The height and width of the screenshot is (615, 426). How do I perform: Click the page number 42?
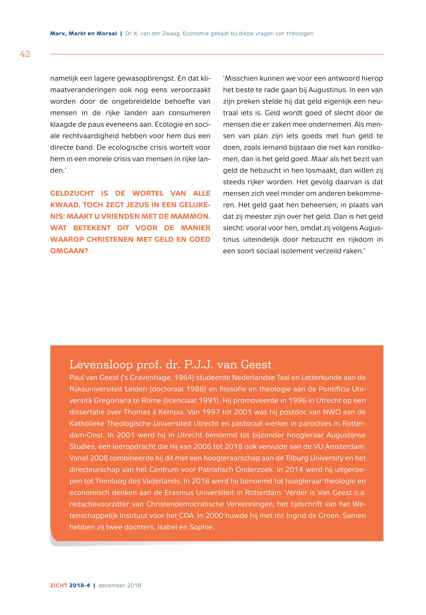[25, 54]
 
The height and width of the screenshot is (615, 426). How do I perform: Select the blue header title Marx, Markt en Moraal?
[84, 34]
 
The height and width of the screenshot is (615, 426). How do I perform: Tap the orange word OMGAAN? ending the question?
[69, 251]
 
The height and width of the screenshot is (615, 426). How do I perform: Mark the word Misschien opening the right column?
[241, 79]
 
